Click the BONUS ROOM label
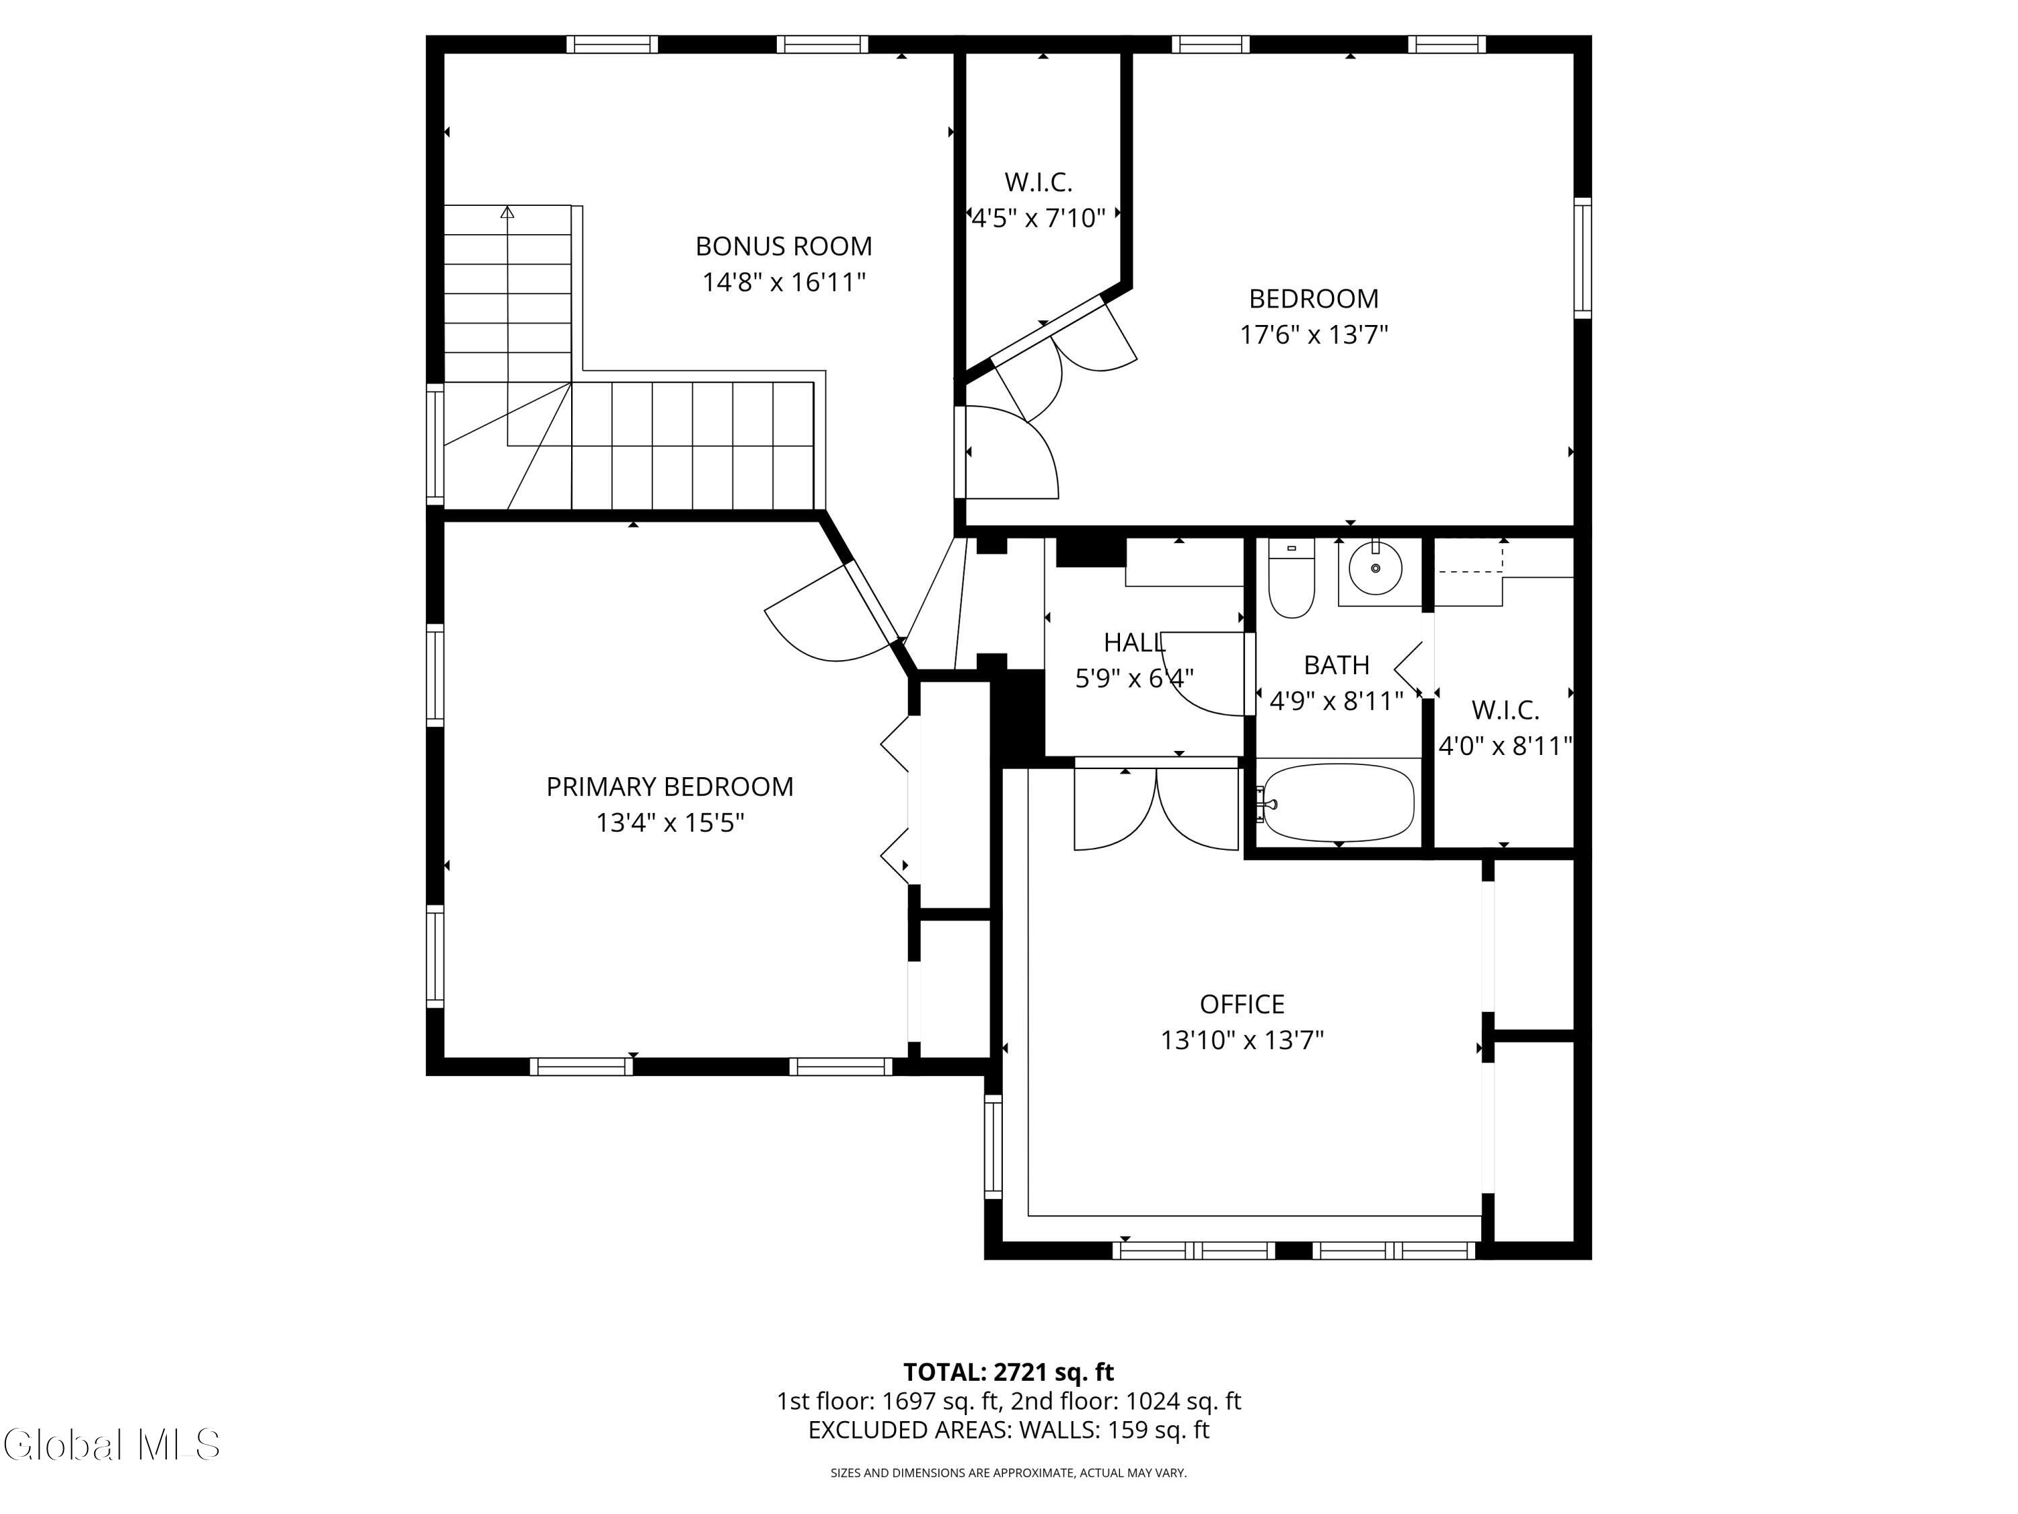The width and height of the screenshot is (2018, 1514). [783, 246]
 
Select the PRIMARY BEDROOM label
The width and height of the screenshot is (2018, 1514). [669, 787]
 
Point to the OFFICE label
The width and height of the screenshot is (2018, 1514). [1242, 1004]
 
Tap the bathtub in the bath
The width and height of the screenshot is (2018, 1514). [1337, 803]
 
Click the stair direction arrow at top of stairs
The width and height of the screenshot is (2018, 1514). [507, 213]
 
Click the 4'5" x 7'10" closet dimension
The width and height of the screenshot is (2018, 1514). [1037, 218]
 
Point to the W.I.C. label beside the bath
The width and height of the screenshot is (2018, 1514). [1504, 709]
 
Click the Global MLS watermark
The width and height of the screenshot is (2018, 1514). [111, 1445]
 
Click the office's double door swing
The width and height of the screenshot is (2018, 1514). [1157, 810]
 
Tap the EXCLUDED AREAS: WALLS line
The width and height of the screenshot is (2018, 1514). [1008, 1430]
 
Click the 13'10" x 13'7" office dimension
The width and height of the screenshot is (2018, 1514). [1242, 1040]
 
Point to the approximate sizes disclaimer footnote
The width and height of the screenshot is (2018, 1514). [1008, 1473]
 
